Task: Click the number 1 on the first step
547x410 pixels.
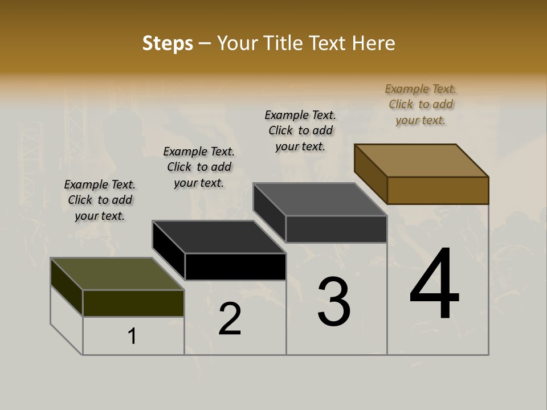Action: (x=132, y=337)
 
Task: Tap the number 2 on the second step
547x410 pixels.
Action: (x=230, y=319)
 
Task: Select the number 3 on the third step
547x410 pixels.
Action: (x=334, y=301)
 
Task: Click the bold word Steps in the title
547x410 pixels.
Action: (x=168, y=43)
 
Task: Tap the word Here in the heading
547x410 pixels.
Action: (x=373, y=43)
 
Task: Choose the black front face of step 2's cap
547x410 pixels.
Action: (x=235, y=266)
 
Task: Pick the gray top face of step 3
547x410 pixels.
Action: (x=320, y=199)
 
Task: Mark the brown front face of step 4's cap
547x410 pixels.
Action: (x=438, y=190)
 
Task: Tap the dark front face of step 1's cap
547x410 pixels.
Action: (x=133, y=303)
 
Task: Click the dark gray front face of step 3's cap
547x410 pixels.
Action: (x=336, y=229)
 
